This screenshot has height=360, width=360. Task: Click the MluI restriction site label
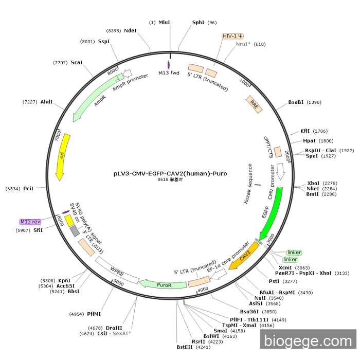(164, 23)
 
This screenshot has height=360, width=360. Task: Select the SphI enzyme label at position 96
(198, 23)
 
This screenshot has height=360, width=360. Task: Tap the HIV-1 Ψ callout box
(233, 37)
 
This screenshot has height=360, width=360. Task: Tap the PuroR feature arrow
(164, 284)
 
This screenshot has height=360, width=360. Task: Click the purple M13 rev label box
(30, 222)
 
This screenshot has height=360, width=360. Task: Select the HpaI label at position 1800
(310, 140)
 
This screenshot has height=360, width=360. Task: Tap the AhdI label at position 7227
(46, 102)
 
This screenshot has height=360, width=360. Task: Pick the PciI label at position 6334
(28, 189)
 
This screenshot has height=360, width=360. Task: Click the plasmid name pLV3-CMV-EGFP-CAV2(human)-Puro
(170, 173)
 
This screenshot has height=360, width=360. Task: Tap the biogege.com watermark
(308, 341)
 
